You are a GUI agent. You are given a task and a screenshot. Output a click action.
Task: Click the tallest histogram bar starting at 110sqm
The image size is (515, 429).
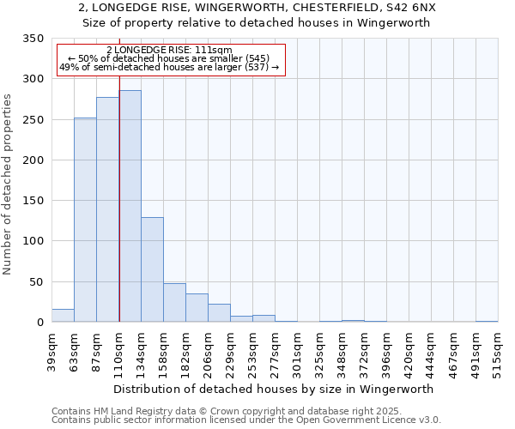click(x=130, y=206)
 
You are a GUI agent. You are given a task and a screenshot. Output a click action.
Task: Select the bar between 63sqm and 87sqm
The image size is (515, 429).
click(x=85, y=220)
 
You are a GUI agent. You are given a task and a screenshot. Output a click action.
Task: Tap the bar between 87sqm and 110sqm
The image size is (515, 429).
click(x=107, y=209)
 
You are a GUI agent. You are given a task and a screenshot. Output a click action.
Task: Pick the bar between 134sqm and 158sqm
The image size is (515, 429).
click(x=152, y=269)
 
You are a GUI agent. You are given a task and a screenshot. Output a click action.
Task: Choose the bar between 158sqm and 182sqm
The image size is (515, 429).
click(x=174, y=303)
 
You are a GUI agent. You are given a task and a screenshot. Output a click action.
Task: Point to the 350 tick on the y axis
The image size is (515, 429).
click(x=33, y=39)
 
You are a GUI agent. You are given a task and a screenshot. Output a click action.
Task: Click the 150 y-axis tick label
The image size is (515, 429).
click(x=33, y=201)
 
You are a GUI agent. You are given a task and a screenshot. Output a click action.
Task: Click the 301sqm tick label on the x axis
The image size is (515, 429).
click(x=297, y=352)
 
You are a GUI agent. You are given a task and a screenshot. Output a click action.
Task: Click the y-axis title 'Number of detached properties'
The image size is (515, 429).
click(x=9, y=184)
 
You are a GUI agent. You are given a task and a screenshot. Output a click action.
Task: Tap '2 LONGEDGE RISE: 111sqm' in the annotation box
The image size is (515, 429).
click(x=169, y=51)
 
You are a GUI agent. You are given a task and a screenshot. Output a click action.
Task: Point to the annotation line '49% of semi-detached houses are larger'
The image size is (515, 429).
click(x=169, y=68)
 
